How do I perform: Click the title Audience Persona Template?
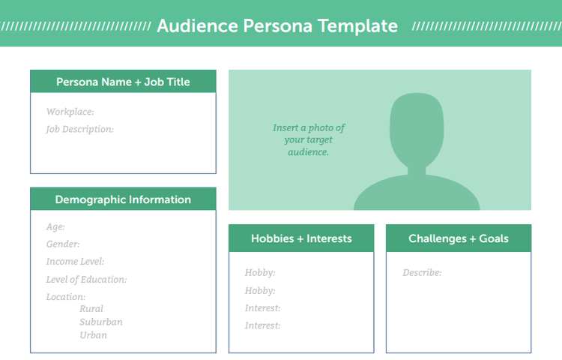coord(277,25)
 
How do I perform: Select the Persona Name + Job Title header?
coord(123,82)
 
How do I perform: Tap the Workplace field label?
coord(70,112)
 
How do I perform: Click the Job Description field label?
coord(79,129)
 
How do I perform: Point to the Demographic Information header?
coord(123,199)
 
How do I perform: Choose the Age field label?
coord(55,226)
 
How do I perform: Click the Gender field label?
coord(63,244)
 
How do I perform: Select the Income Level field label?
coord(75,262)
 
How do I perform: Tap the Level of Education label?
coord(86,280)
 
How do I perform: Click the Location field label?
coord(66,297)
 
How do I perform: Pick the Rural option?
coord(91,309)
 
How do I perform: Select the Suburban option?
coord(101,322)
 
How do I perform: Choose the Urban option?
coord(94,335)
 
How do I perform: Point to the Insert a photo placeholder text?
coord(309,139)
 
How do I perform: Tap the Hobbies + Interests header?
coord(301,238)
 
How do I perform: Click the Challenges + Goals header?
coord(459,238)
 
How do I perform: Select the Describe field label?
coord(422,273)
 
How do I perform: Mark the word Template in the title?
coord(357,25)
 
